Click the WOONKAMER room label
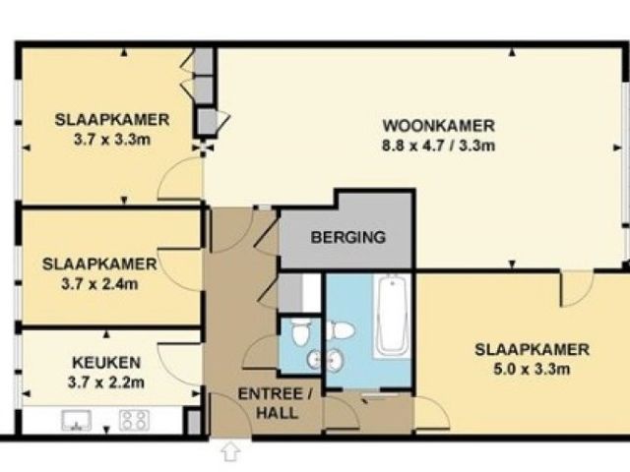tap(438, 126)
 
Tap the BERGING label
tap(347, 237)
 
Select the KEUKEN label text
tap(106, 363)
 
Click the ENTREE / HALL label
tap(276, 403)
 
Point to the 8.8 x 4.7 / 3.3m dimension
tap(438, 146)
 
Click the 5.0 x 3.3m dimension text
tap(532, 369)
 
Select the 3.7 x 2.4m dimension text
tap(99, 284)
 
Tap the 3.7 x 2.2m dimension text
tap(106, 383)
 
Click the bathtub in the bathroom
tap(392, 316)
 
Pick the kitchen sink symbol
tap(76, 421)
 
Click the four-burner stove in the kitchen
tap(134, 420)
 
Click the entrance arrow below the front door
tap(230, 451)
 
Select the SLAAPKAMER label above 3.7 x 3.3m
tap(112, 120)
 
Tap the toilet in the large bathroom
tap(340, 330)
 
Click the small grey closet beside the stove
tap(194, 422)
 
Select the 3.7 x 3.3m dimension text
tap(112, 140)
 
